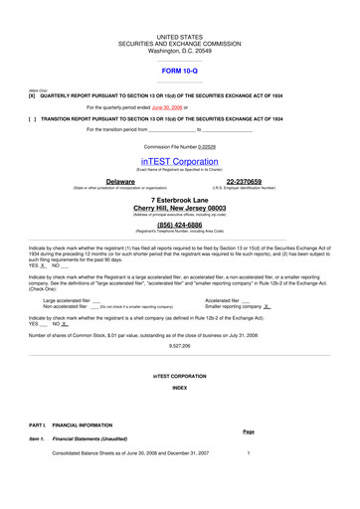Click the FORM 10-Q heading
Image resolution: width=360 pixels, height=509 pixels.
click(x=180, y=71)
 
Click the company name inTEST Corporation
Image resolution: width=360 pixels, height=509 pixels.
click(x=180, y=159)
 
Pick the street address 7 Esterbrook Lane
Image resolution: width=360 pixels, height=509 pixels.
click(x=180, y=199)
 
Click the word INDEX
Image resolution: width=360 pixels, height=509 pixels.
click(x=180, y=387)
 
